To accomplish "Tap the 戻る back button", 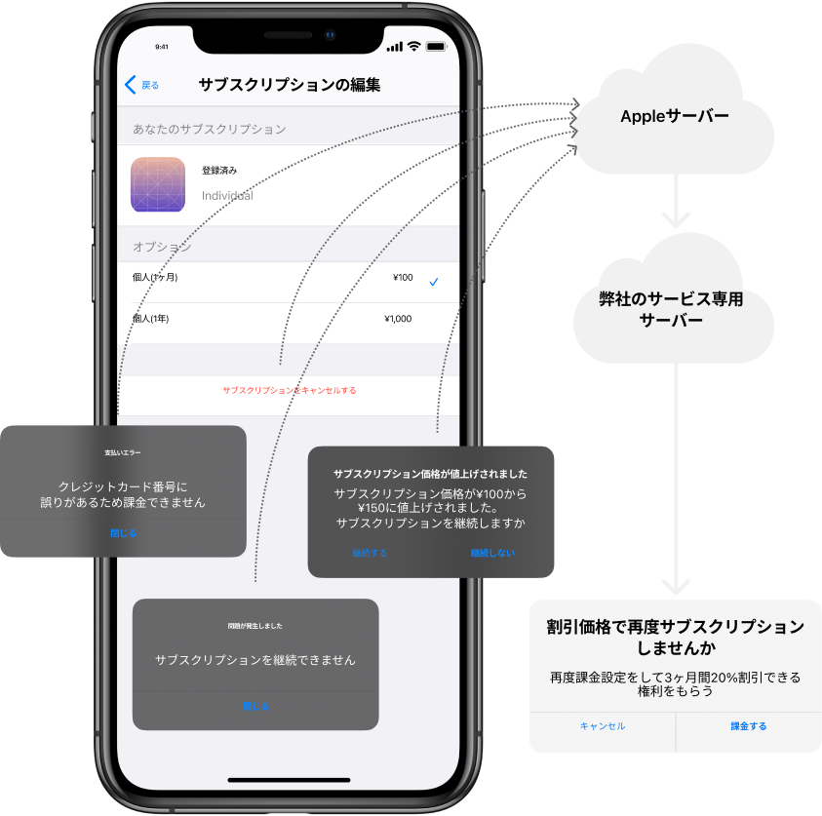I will [142, 85].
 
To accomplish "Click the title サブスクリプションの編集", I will [289, 85].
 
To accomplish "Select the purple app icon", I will [158, 184].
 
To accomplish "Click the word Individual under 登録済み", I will [227, 196].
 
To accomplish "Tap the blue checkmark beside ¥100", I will [434, 282].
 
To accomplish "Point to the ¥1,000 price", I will [398, 319].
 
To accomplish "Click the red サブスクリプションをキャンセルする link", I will [289, 390].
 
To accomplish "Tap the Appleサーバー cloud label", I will [675, 116].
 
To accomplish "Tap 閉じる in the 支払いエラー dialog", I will [123, 534].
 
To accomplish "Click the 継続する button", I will [370, 553].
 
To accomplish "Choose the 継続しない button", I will [492, 553].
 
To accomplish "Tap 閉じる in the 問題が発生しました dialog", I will [255, 707].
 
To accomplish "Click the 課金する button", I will [749, 726].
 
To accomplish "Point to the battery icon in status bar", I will [436, 46].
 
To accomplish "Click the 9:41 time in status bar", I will [162, 47].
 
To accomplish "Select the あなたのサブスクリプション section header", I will [210, 129].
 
